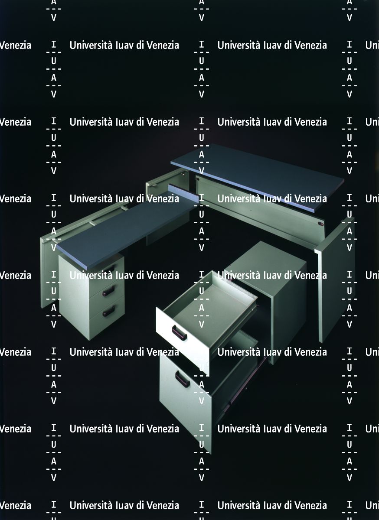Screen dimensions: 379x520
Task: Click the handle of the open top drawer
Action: [x=179, y=332]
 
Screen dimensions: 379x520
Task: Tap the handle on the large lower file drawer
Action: [x=182, y=379]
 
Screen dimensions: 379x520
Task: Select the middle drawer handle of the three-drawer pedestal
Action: [x=108, y=291]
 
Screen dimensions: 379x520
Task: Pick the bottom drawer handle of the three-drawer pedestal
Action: [x=108, y=311]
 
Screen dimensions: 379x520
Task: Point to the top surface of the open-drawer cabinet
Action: [x=265, y=260]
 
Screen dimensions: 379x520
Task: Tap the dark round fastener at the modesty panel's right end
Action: [x=321, y=224]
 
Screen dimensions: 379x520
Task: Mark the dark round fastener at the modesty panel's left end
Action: [x=197, y=179]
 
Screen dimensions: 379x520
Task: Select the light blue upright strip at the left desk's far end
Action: [x=183, y=193]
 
